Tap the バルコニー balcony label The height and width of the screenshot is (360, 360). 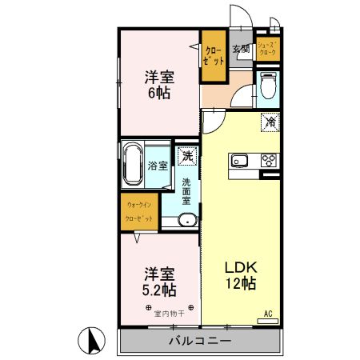(x=199, y=342)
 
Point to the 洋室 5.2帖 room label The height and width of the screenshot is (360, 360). (x=158, y=280)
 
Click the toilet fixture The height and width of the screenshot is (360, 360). (x=268, y=86)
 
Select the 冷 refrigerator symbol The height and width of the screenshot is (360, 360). (x=270, y=122)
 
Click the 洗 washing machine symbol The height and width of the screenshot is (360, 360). (x=188, y=156)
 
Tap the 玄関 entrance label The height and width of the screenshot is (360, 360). (x=241, y=50)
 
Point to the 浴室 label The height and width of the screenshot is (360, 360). (x=158, y=166)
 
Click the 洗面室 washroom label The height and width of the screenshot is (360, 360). (x=186, y=191)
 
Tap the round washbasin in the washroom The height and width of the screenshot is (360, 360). (x=186, y=222)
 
